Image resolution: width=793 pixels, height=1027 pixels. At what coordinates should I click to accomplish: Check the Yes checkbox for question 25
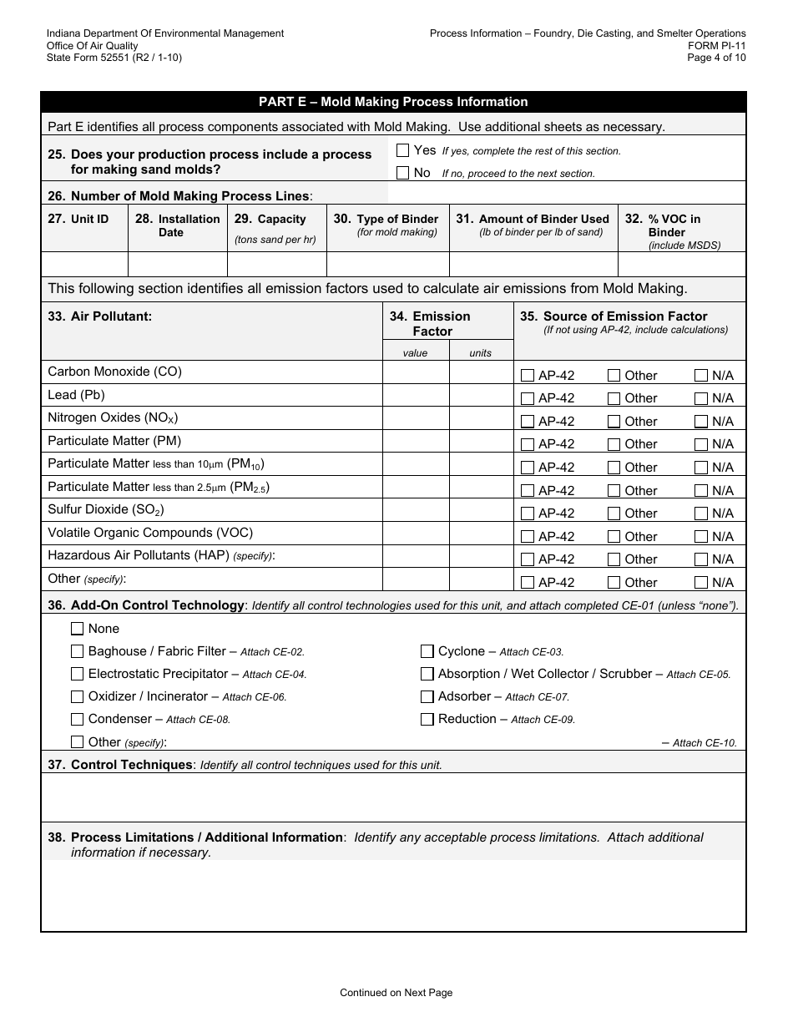(x=402, y=150)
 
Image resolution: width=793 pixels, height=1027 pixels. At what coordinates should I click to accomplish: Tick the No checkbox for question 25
(x=402, y=173)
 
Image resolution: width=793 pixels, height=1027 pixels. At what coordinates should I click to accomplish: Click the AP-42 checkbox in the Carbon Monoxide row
(x=528, y=376)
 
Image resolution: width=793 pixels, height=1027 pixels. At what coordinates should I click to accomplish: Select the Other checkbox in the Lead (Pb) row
(x=614, y=398)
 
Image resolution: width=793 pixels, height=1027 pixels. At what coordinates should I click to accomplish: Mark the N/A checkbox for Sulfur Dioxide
(x=701, y=513)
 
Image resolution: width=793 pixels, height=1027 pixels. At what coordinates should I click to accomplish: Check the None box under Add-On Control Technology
(x=78, y=629)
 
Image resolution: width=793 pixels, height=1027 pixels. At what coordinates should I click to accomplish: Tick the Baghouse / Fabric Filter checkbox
(x=78, y=651)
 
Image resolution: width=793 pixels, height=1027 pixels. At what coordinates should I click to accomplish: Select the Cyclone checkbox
(x=427, y=651)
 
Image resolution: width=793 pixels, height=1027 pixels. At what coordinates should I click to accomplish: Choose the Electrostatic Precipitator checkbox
(x=78, y=674)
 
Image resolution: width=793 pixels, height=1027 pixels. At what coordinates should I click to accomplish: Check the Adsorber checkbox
(x=427, y=696)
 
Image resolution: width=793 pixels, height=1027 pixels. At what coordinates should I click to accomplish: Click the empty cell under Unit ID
(x=84, y=264)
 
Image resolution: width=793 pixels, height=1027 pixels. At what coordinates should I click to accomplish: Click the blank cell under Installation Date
(x=177, y=264)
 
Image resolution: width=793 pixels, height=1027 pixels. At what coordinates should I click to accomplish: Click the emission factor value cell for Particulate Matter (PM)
(x=415, y=441)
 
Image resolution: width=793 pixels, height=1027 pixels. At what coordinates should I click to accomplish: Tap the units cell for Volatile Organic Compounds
(x=481, y=533)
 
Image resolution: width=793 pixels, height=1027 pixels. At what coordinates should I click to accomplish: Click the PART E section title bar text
(x=393, y=102)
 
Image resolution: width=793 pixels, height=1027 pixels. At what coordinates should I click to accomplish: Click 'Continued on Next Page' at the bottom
(x=396, y=993)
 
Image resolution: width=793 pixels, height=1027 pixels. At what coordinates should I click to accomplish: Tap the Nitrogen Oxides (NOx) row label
(x=113, y=417)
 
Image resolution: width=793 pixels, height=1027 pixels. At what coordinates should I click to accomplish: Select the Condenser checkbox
(x=78, y=719)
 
